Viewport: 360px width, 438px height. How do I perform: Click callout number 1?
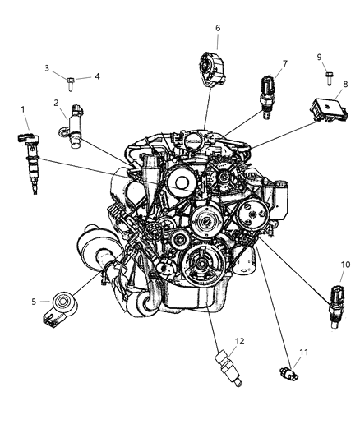tap(23, 108)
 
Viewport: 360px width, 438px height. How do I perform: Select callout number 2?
tap(56, 103)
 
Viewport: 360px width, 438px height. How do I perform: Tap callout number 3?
tap(47, 68)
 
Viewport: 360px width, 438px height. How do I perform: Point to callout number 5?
tap(34, 302)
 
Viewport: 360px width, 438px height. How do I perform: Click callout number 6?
tap(218, 28)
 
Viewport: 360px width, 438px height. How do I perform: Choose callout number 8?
tap(345, 84)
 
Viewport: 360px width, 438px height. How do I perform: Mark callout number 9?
tap(319, 57)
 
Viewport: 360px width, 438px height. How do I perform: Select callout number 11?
tap(303, 353)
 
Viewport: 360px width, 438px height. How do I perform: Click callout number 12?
tap(218, 341)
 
